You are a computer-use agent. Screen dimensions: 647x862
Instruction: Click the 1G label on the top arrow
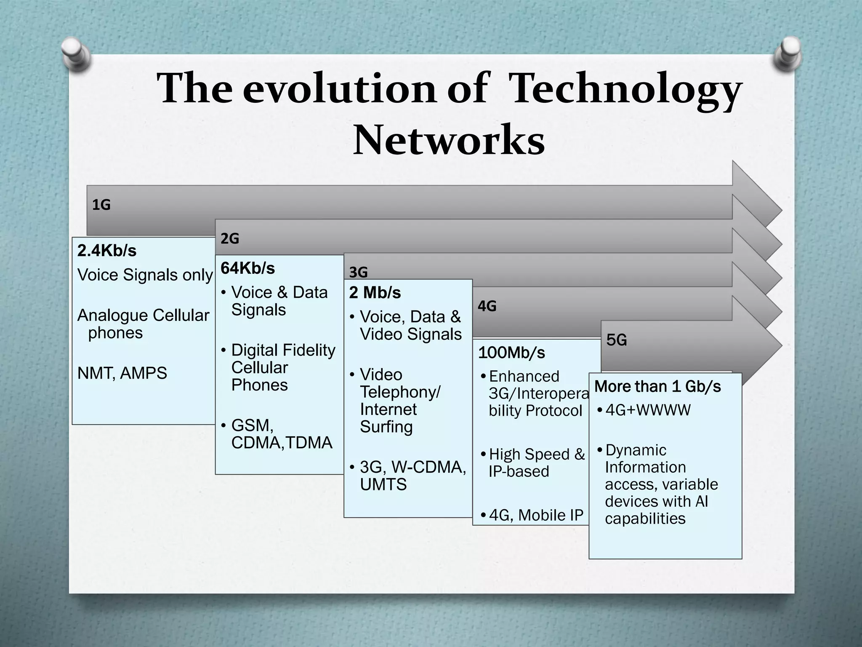(101, 205)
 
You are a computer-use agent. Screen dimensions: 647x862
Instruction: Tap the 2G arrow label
(230, 239)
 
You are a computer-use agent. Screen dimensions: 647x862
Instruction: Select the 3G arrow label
(358, 273)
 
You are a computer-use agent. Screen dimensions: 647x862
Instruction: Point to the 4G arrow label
(487, 306)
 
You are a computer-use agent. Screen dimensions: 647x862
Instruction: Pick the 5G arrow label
(617, 340)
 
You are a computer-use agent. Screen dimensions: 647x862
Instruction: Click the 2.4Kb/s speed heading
(107, 251)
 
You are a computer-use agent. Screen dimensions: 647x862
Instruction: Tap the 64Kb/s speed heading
(247, 268)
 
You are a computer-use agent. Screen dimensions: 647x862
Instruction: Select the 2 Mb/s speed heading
(375, 293)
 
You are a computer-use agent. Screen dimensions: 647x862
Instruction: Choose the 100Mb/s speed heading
(511, 353)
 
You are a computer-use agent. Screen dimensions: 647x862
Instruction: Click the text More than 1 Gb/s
(657, 386)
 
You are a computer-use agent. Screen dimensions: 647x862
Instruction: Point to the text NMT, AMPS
(122, 373)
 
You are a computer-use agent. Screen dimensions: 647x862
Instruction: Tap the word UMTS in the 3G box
(383, 485)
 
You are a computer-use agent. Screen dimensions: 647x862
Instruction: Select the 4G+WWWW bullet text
(648, 410)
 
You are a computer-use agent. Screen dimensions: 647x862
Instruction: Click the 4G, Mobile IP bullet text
(536, 515)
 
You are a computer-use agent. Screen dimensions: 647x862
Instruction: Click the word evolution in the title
(340, 88)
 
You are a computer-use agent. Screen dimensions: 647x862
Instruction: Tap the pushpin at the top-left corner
(77, 53)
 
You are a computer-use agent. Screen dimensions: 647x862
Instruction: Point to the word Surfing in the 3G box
(386, 427)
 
